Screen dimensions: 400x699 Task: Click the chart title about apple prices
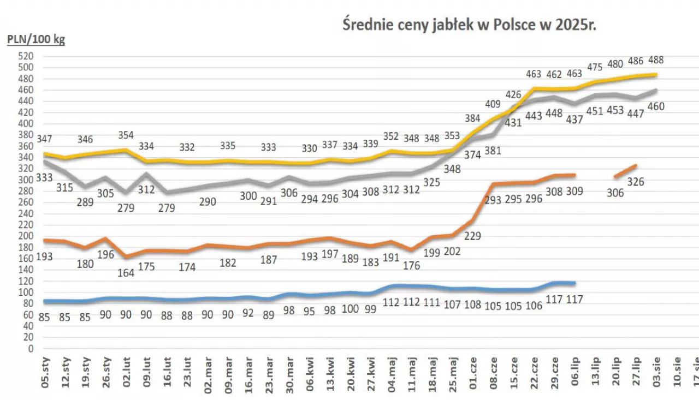(469, 26)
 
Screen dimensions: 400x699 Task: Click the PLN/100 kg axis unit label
(35, 40)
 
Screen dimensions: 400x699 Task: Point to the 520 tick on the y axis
(27, 56)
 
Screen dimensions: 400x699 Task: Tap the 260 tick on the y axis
(27, 202)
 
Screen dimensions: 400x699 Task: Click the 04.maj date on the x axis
(392, 372)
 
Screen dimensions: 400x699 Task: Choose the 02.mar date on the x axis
(208, 372)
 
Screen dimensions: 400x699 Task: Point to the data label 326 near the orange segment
(635, 182)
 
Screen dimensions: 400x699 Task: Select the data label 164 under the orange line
(126, 273)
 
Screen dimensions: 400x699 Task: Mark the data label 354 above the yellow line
(126, 135)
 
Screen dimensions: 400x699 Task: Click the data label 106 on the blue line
(533, 306)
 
